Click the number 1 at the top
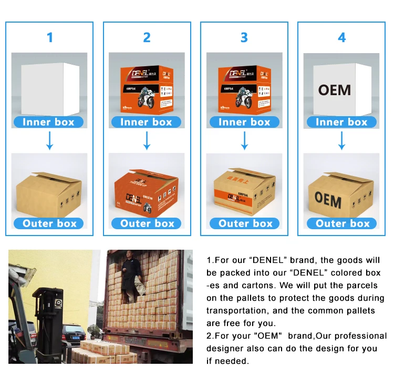pyautogui.click(x=50, y=37)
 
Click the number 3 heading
pyautogui.click(x=244, y=37)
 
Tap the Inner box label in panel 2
pyautogui.click(x=147, y=122)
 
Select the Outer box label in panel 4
pyautogui.click(x=343, y=223)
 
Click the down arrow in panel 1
pyautogui.click(x=50, y=141)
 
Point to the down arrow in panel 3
pyautogui.click(x=244, y=141)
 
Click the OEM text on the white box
pyautogui.click(x=335, y=90)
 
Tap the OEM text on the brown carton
pyautogui.click(x=328, y=200)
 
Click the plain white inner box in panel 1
pyautogui.click(x=49, y=88)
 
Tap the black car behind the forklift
pyautogui.click(x=73, y=332)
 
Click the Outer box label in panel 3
pyautogui.click(x=245, y=223)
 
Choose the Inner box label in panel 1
pyautogui.click(x=49, y=122)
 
